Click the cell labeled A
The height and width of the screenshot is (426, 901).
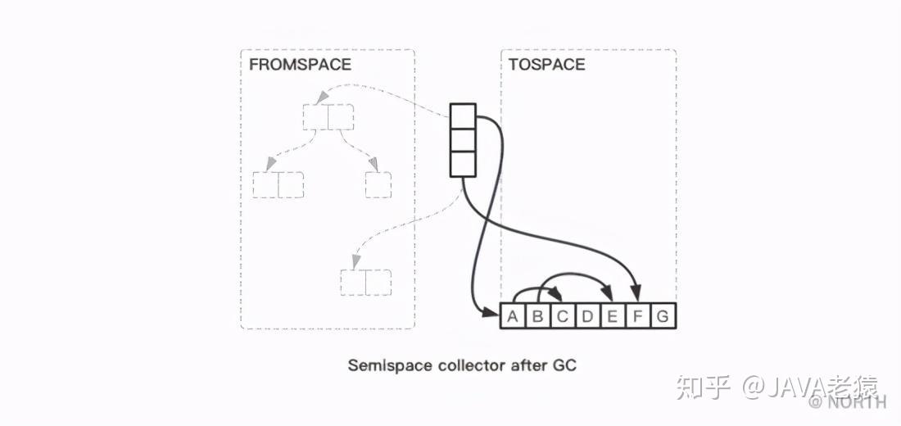[x=513, y=315]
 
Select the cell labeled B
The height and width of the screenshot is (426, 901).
[x=538, y=315]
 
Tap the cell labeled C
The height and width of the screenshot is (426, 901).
[x=564, y=315]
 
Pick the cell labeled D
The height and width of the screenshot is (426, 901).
[x=588, y=315]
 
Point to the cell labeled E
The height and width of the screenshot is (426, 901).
[x=613, y=315]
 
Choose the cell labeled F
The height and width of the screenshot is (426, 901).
[x=638, y=315]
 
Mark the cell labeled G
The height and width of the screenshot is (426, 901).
[x=663, y=315]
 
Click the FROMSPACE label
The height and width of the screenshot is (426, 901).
[x=300, y=65]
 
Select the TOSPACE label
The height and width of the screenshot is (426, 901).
[x=546, y=65]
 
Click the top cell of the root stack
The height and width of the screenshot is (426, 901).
[x=463, y=116]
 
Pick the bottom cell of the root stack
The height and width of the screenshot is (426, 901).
[x=463, y=164]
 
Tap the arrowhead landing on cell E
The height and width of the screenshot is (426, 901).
[x=608, y=294]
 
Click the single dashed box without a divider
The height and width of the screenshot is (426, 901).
[x=378, y=185]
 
